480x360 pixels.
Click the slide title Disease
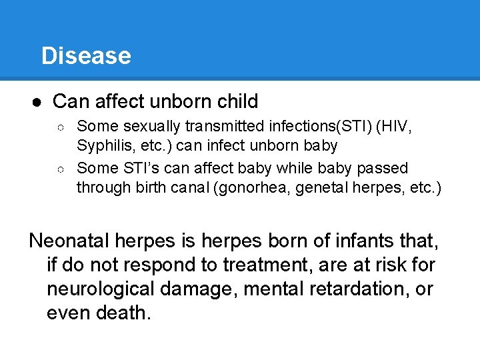tap(86, 55)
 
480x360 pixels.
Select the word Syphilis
tap(101, 145)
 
